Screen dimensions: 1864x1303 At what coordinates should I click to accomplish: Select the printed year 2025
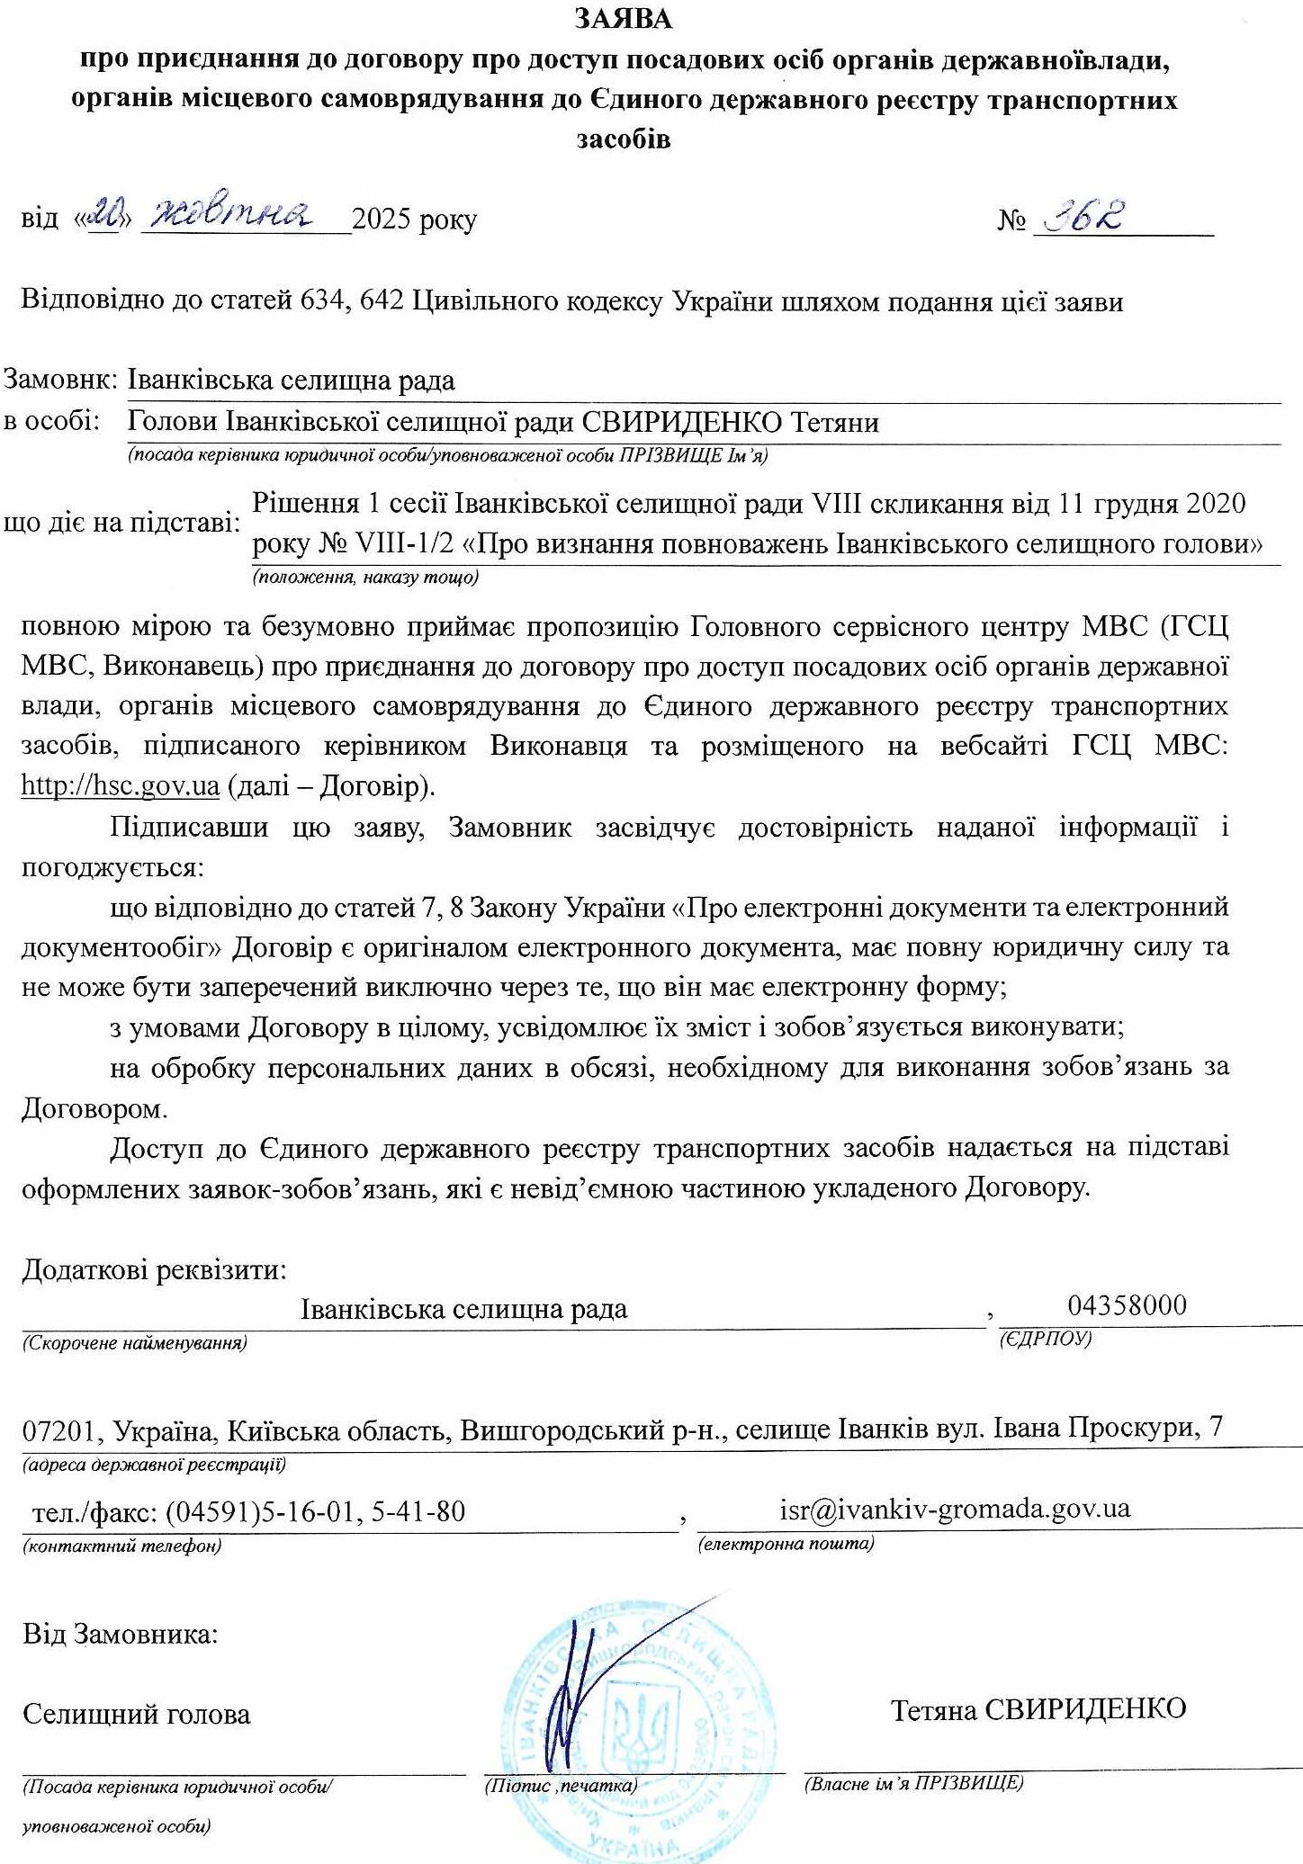(x=382, y=220)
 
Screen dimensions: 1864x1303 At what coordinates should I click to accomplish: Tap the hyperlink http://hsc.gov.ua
(x=121, y=785)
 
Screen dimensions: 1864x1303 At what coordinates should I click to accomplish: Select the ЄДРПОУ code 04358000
(x=1128, y=1304)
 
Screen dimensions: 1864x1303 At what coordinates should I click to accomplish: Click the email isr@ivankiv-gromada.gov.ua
(x=955, y=1509)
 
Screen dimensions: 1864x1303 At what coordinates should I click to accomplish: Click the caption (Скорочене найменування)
(x=135, y=1344)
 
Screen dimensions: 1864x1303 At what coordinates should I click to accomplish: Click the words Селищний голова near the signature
(x=137, y=1714)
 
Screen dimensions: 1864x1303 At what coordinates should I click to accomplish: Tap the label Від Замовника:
(x=121, y=1633)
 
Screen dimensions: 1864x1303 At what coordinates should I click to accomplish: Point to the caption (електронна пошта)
(x=786, y=1544)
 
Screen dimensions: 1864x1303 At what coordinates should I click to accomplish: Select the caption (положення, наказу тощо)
(x=365, y=578)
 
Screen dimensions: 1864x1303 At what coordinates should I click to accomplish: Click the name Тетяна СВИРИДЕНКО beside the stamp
(x=1038, y=1709)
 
